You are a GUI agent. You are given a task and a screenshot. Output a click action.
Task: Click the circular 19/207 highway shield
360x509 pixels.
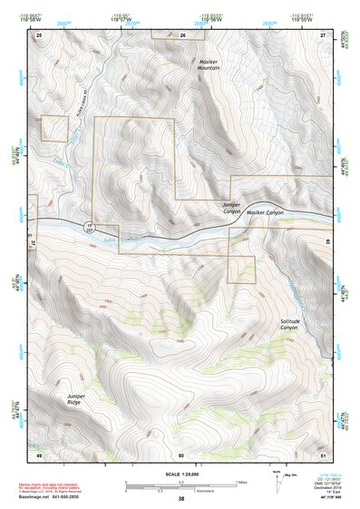[89, 226]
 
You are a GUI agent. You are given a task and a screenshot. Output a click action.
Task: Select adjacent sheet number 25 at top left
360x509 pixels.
[39, 34]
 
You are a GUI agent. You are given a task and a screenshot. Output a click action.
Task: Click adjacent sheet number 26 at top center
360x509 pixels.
[182, 34]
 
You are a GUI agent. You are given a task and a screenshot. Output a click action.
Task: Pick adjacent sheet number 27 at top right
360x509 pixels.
[323, 34]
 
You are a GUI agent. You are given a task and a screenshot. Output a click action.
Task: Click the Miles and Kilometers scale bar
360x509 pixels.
[180, 485]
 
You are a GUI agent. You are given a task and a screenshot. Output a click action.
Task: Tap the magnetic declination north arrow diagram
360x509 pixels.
[277, 481]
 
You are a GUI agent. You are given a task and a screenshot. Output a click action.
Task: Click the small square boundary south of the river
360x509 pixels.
[241, 269]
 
